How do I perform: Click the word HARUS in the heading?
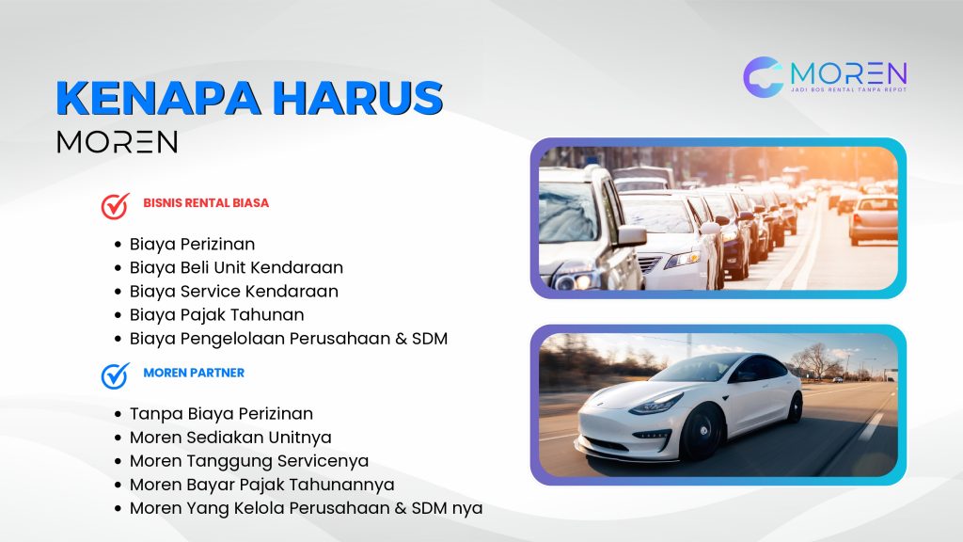click(358, 98)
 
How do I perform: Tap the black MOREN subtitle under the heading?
click(118, 142)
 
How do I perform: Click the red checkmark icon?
click(116, 206)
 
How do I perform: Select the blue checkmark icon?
click(116, 375)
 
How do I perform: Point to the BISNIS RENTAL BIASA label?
click(206, 203)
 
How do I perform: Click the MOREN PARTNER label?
click(194, 373)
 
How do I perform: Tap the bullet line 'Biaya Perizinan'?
click(192, 245)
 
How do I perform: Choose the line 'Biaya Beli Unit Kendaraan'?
click(236, 268)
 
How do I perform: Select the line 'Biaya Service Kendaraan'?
click(233, 292)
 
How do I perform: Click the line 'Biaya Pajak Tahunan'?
click(216, 315)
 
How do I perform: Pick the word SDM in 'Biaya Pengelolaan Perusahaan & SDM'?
click(429, 339)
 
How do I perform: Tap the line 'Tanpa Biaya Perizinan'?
click(221, 414)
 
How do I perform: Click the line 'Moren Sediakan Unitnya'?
click(230, 438)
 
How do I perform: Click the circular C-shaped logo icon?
click(764, 77)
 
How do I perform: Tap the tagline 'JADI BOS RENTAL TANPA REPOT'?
click(848, 89)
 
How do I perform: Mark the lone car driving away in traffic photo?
click(873, 218)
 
